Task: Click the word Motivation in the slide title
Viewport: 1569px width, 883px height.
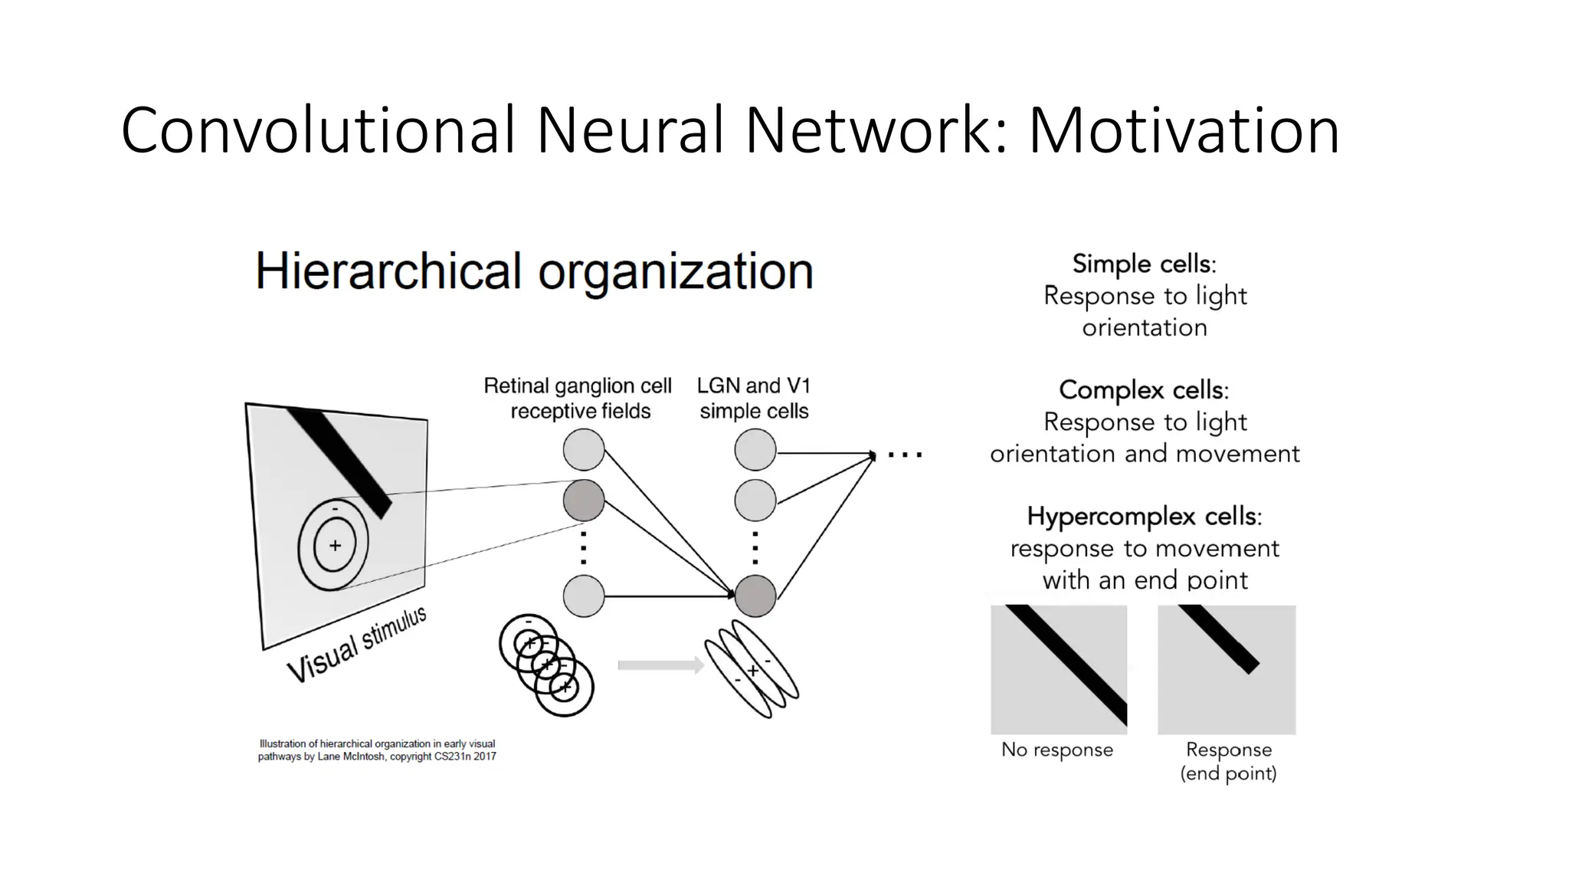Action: tap(1184, 130)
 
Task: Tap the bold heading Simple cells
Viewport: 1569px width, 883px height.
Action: tap(1144, 264)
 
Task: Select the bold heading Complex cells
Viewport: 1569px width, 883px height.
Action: tap(1144, 390)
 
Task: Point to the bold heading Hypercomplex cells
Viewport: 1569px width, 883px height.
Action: tap(1144, 517)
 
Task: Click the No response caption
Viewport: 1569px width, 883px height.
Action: tap(1056, 750)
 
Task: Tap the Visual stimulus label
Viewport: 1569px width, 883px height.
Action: tap(356, 645)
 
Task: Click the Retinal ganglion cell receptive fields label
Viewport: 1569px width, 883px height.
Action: tap(578, 399)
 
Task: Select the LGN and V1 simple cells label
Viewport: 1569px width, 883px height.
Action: tap(754, 399)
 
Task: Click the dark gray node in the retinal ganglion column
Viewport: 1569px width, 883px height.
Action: tap(584, 501)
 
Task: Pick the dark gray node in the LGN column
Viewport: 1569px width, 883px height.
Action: tap(755, 596)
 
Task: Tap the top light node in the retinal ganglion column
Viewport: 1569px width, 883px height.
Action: tap(584, 449)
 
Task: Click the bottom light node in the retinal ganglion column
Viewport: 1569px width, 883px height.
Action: tap(584, 596)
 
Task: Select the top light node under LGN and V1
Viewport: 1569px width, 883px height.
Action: tap(755, 449)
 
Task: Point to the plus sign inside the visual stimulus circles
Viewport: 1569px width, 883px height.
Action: tap(335, 546)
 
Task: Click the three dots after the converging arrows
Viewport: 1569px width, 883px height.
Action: tap(905, 455)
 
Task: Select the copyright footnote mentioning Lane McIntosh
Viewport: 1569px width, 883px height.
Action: tap(377, 750)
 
